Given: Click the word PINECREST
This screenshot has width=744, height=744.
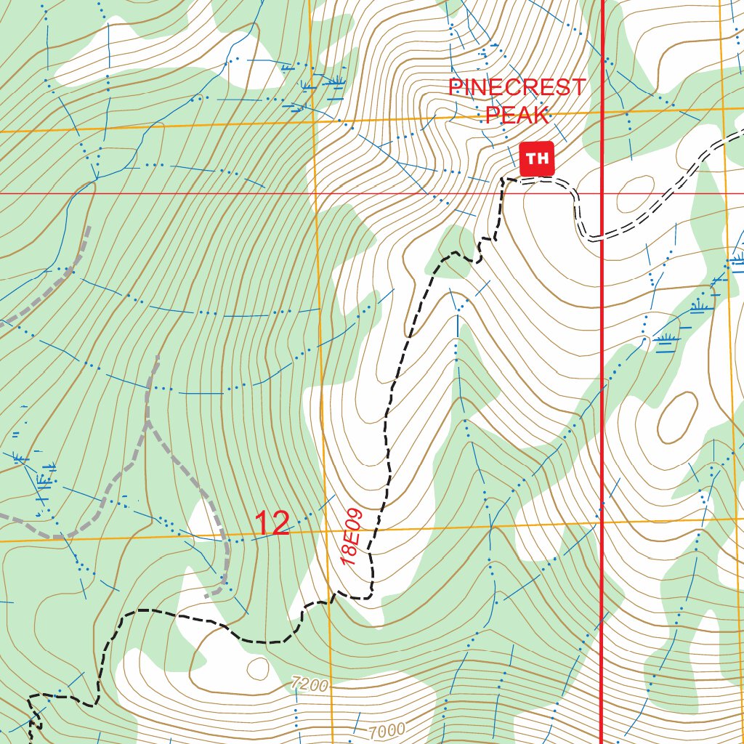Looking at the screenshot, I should [517, 88].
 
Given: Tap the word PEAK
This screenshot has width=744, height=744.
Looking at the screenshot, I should [517, 115].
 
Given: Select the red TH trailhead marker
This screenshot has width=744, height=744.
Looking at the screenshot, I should [537, 158].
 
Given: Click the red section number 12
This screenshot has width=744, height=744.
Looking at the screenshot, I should [272, 524].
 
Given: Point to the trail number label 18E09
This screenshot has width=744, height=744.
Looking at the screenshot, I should [352, 538].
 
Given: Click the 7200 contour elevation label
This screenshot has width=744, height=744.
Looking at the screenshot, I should [310, 684].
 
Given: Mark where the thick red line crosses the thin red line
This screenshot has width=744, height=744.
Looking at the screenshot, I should [603, 194].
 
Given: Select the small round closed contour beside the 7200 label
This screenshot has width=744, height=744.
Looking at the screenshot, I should [257, 667].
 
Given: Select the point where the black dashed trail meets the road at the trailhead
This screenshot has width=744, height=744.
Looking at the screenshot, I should [504, 179].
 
